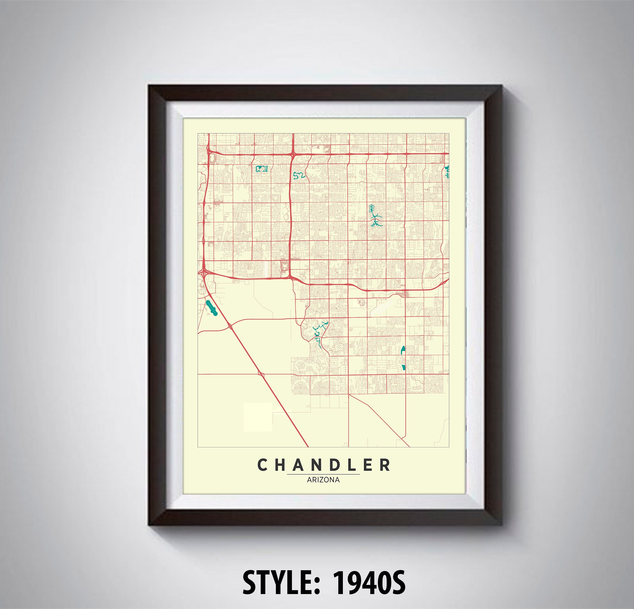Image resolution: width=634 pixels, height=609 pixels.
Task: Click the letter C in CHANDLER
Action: click(x=262, y=465)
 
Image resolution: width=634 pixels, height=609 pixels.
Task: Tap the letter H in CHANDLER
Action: click(x=281, y=465)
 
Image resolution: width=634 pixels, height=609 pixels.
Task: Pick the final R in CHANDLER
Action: click(x=385, y=465)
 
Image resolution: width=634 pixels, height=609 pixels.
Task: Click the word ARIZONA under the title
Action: click(x=323, y=480)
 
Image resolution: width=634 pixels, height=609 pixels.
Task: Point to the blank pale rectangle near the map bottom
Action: click(x=258, y=417)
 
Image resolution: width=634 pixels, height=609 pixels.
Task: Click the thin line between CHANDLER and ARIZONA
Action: click(x=323, y=474)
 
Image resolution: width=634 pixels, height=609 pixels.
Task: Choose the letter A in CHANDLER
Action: click(x=299, y=465)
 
